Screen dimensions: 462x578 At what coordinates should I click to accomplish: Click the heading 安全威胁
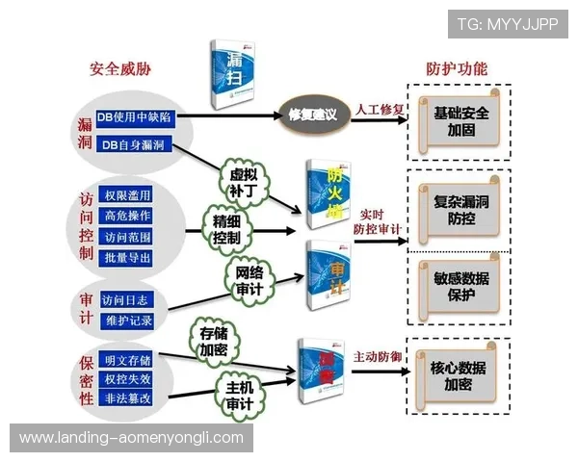tap(120, 69)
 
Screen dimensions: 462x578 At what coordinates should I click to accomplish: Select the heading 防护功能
tap(457, 69)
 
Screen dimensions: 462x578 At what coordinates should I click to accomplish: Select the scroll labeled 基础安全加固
tap(460, 120)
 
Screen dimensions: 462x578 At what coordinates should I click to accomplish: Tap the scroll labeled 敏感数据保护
tap(460, 287)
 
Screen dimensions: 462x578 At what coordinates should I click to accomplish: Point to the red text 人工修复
tap(380, 109)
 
